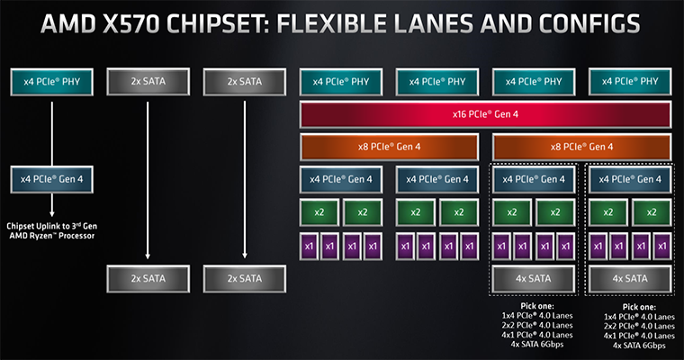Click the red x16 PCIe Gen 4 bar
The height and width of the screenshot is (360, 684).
click(485, 114)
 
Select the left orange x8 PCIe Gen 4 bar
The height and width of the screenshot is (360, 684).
click(389, 147)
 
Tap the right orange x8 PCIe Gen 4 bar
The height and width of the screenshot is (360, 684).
click(581, 147)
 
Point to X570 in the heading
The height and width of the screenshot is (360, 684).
click(131, 24)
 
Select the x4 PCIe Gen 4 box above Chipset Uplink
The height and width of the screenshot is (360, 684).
click(52, 179)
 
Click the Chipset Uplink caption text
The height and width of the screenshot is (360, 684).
click(52, 230)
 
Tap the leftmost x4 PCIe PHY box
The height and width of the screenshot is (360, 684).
click(52, 82)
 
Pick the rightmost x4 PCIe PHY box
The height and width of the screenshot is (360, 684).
click(630, 82)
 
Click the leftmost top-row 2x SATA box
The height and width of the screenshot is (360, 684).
click(148, 82)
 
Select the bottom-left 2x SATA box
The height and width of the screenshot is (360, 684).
click(148, 279)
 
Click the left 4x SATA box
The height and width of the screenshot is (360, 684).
click(533, 279)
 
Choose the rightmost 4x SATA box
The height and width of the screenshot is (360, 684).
click(630, 279)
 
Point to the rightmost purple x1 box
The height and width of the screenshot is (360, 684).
click(662, 247)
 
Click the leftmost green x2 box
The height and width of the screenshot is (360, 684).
click(319, 212)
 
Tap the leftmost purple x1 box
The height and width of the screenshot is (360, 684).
click(309, 247)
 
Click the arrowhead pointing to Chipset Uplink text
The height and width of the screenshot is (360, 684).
click(52, 213)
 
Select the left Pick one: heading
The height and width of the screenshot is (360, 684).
click(537, 306)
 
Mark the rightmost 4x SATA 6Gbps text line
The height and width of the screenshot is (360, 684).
click(639, 346)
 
